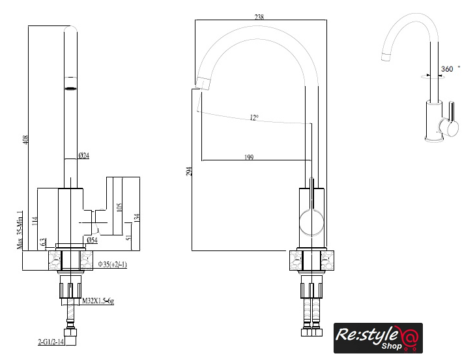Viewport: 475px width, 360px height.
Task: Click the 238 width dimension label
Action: click(259, 18)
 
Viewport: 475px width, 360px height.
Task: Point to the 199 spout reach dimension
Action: click(249, 157)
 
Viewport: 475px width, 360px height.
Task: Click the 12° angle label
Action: click(253, 117)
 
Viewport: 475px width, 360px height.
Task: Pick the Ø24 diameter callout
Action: click(83, 155)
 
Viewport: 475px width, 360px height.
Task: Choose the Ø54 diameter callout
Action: click(92, 241)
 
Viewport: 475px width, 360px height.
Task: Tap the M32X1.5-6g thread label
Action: click(98, 301)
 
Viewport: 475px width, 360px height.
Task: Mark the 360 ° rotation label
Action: click(450, 68)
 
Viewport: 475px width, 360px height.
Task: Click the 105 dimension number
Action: click(119, 207)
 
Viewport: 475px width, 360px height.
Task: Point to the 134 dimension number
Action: click(137, 218)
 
